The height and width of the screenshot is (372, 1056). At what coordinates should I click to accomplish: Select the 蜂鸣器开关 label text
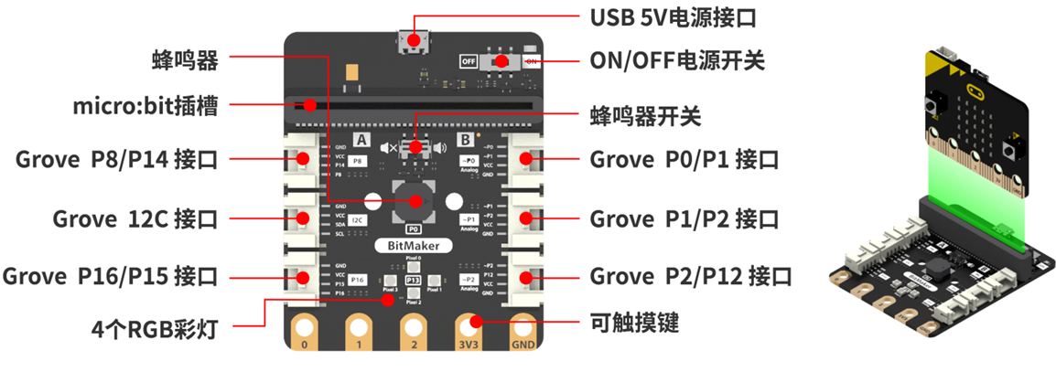(645, 117)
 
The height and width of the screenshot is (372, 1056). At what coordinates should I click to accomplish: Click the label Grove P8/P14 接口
(116, 160)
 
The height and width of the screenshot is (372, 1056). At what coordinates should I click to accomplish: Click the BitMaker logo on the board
(413, 245)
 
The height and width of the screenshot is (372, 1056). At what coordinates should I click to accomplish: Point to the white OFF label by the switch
(469, 61)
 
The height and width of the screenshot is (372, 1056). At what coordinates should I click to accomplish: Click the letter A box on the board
(361, 140)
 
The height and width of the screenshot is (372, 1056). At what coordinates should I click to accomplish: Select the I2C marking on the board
(359, 219)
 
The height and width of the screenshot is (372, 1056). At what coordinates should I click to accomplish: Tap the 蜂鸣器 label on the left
(186, 60)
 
